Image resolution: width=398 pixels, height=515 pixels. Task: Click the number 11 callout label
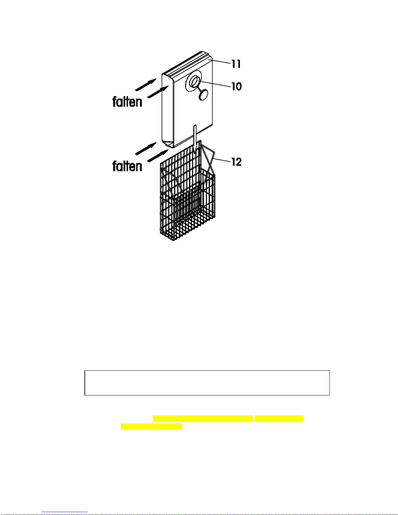pos(236,64)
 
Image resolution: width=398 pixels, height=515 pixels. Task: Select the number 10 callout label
pos(236,86)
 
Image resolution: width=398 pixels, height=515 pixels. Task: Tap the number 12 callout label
pos(236,162)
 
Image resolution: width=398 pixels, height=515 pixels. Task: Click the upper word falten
pos(127,102)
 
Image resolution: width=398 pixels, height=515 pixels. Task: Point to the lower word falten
pos(127,166)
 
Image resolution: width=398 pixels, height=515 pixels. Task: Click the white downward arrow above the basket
pos(195,139)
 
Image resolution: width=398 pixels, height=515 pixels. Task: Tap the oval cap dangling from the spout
pos(203,95)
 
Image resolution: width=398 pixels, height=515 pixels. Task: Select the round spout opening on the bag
pos(195,82)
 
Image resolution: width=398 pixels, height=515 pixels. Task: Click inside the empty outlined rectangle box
pos(207,383)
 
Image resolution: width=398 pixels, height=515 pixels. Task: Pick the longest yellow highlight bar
pos(203,418)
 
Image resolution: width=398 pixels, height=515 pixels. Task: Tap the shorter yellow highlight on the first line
pos(279,418)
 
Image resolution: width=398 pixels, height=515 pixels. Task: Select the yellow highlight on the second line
pos(151,427)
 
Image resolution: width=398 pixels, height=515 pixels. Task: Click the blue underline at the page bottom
pos(64,512)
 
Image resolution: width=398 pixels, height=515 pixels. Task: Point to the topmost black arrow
pos(146,84)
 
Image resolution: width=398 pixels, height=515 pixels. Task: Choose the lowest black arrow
pos(158,156)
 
